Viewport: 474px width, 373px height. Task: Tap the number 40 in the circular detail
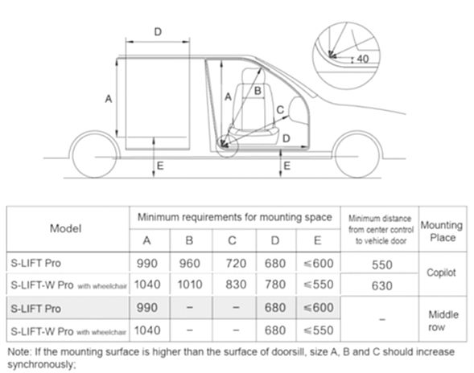[363, 59]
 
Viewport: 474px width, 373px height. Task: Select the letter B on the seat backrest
[258, 91]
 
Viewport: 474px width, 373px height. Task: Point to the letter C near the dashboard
[280, 109]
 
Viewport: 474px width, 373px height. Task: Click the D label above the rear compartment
[158, 31]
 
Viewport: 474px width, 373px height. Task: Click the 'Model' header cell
[66, 228]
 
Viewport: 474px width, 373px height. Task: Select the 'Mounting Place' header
[442, 232]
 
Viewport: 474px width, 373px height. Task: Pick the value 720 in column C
[236, 264]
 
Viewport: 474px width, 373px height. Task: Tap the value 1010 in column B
[190, 285]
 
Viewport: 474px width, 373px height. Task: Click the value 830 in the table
[236, 285]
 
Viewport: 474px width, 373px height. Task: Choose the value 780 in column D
[275, 285]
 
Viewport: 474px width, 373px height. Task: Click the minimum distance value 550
[382, 264]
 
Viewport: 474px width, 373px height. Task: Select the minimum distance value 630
[382, 285]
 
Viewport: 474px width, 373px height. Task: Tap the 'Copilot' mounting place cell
[441, 273]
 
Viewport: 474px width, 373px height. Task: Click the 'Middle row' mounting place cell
[443, 321]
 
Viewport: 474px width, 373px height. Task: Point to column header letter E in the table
[317, 240]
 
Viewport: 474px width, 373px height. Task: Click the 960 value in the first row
[190, 264]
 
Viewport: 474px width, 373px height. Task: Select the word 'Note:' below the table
[19, 352]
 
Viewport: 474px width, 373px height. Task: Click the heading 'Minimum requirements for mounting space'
[234, 217]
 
